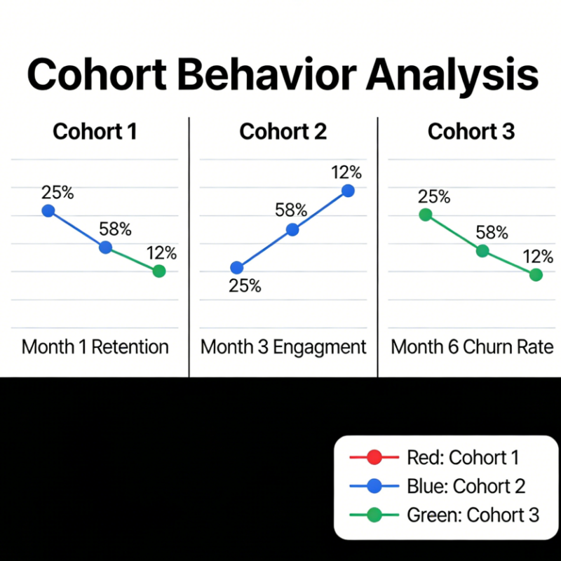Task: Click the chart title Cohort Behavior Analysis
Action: tap(280, 75)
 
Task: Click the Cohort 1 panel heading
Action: tap(95, 131)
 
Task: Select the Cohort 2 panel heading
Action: tap(283, 131)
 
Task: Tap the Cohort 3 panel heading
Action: tap(471, 131)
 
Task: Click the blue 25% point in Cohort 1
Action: tap(48, 210)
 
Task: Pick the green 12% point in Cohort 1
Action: tap(159, 271)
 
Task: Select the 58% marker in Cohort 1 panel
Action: tap(105, 247)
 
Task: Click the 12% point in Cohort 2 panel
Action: tap(348, 191)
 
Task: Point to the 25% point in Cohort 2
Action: tap(237, 267)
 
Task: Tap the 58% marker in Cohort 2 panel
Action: tap(293, 229)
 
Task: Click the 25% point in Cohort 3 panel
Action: tap(425, 215)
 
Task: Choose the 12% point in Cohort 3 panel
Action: tap(536, 275)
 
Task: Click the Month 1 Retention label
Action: tap(95, 346)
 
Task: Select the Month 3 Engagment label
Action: tap(283, 346)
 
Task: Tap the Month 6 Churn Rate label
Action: tap(471, 346)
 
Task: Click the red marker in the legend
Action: tap(374, 458)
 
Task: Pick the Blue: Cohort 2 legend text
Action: tap(466, 486)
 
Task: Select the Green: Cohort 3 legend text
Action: tap(473, 515)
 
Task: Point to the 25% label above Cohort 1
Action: tap(56, 191)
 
